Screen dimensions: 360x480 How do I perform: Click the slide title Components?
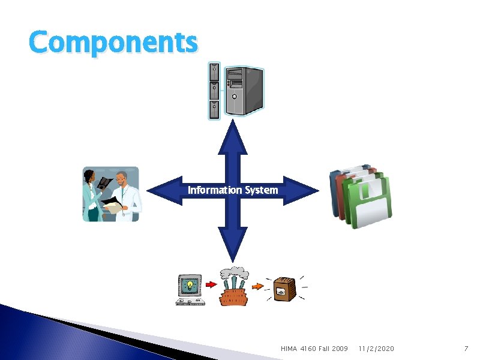[113, 43]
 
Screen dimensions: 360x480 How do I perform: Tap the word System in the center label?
[262, 190]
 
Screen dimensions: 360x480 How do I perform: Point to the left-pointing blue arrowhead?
[164, 190]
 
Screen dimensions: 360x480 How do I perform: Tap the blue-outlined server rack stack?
[214, 91]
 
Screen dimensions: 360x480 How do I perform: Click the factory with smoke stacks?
[234, 287]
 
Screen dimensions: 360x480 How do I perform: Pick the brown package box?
[284, 289]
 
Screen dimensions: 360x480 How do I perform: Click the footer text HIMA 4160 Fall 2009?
[314, 349]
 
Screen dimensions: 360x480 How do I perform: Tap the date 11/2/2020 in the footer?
[376, 349]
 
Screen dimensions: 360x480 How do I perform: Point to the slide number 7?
[465, 349]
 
